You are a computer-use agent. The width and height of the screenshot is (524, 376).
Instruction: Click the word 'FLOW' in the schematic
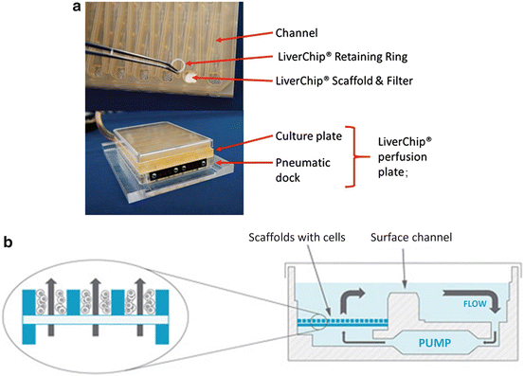[474, 306]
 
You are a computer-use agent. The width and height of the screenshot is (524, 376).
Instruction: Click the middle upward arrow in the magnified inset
[94, 298]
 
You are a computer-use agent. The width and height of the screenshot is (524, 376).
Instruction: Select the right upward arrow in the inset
[143, 298]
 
